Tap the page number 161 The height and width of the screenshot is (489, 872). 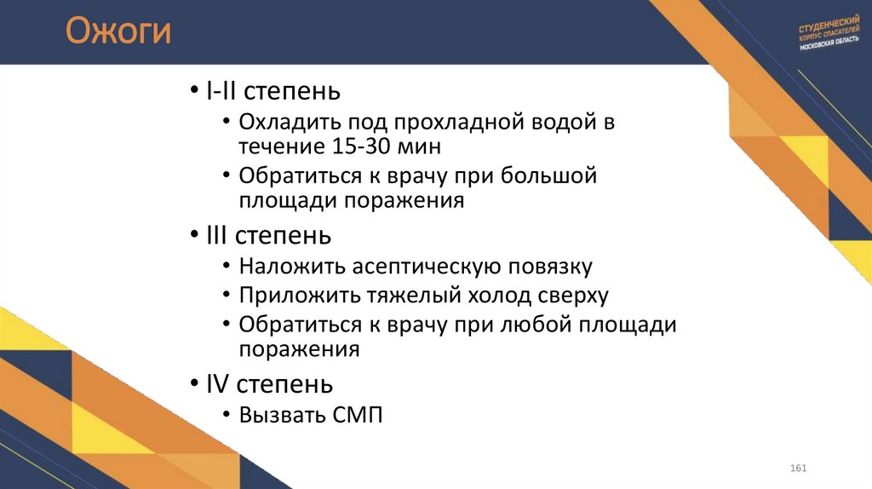coord(798,469)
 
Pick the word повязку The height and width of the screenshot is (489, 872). coord(550,266)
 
